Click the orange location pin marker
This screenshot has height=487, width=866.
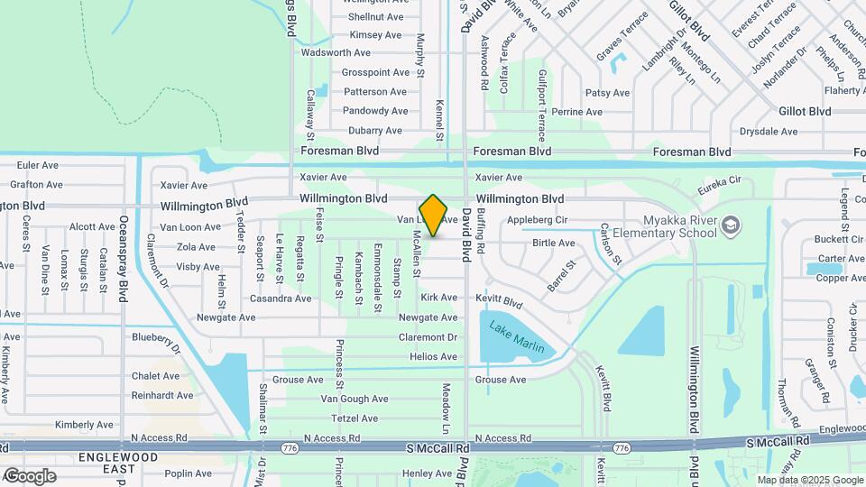coord(434,216)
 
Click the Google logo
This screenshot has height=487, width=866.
coord(30,476)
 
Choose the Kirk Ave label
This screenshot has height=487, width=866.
coord(439,298)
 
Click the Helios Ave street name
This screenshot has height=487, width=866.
coord(433,357)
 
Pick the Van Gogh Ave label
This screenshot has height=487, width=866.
coord(355,399)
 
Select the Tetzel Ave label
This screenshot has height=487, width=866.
coord(355,418)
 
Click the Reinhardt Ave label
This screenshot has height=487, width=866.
coord(162,396)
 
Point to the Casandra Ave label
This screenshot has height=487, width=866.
coord(281,299)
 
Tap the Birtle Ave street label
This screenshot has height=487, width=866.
coord(554,243)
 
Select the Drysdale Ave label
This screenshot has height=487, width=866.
coord(769,132)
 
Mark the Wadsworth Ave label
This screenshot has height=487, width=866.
coord(336,53)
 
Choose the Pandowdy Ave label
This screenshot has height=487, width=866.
coord(375,111)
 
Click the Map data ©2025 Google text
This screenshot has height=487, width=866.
coord(808,480)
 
